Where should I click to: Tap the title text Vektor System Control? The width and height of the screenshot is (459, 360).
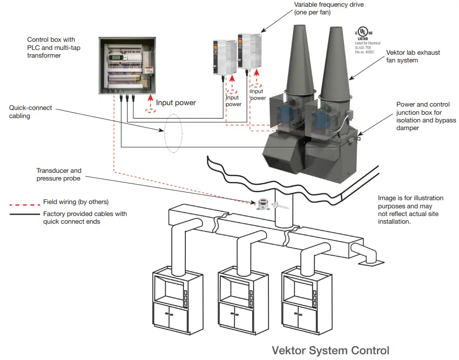(330, 350)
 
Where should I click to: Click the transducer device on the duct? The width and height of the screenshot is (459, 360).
(262, 204)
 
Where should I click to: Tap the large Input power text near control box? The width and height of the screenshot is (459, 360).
(176, 103)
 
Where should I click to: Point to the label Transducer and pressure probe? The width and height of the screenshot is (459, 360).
(59, 174)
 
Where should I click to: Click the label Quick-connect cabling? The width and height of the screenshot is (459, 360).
(30, 112)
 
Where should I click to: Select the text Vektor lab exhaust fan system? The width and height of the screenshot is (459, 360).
(412, 56)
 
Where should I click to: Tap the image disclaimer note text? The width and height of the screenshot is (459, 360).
(411, 210)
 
